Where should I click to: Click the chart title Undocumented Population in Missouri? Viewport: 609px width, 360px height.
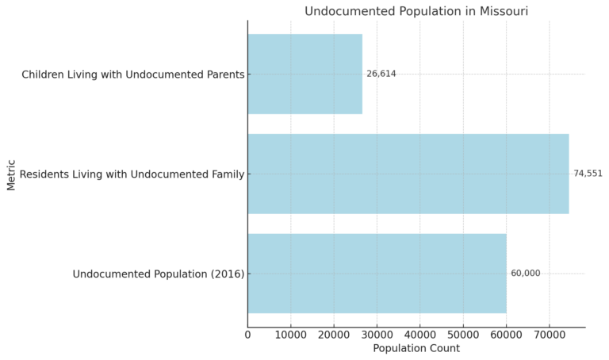tap(416, 11)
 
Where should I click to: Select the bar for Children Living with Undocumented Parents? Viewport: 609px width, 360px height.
tap(304, 74)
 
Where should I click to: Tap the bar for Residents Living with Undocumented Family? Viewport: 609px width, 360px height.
tap(408, 174)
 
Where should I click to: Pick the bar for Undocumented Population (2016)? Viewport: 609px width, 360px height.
tap(377, 274)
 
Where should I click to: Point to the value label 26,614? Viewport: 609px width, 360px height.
tap(381, 74)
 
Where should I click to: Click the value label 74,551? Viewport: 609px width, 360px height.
tap(588, 174)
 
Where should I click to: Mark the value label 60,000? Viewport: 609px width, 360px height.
tap(525, 274)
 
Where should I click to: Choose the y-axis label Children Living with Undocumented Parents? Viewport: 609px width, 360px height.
tap(132, 75)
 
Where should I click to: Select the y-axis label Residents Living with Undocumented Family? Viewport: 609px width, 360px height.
tap(132, 174)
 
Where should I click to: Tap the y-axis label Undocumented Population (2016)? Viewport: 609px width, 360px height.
tap(159, 274)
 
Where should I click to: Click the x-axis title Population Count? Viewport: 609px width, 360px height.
tap(416, 348)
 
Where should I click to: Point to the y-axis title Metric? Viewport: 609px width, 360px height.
tap(11, 174)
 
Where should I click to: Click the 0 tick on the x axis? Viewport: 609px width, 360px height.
tap(248, 335)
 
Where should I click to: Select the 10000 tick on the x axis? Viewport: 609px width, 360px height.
tap(291, 335)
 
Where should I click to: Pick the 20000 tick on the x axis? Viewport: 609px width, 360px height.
tap(334, 335)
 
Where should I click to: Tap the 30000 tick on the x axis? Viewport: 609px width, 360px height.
tap(377, 335)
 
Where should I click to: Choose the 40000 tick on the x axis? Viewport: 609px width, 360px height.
tap(420, 335)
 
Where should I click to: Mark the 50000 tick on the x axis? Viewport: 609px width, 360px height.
tap(463, 335)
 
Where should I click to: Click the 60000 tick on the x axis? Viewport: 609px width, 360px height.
tap(506, 335)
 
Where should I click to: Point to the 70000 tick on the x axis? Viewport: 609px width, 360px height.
tap(550, 335)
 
